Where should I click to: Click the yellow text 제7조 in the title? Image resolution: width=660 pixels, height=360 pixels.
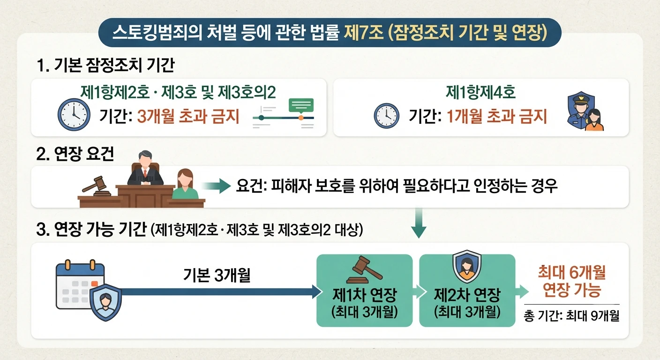364,32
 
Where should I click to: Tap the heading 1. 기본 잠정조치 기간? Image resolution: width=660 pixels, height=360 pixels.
106,65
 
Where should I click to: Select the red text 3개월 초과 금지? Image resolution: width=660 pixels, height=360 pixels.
188,116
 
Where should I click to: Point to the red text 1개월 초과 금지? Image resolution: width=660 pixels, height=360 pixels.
497,116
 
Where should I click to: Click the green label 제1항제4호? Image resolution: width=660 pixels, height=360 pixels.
480,92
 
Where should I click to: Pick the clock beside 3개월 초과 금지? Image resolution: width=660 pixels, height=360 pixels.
74,114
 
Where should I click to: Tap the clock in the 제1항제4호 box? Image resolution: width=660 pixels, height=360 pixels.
387,115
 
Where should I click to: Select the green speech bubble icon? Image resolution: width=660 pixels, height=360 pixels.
301,106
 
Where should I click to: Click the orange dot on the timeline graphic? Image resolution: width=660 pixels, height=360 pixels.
301,118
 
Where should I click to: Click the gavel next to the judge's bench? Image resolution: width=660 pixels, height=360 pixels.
97,187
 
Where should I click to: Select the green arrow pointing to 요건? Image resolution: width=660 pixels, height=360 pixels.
216,186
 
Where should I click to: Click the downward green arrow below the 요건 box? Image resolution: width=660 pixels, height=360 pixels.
419,223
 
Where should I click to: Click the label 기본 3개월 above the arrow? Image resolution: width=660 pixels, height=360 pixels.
217,275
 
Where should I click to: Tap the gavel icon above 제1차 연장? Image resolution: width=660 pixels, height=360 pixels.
364,270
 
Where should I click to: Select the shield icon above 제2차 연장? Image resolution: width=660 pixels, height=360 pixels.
466,266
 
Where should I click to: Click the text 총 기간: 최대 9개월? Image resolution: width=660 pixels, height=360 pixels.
571,316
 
